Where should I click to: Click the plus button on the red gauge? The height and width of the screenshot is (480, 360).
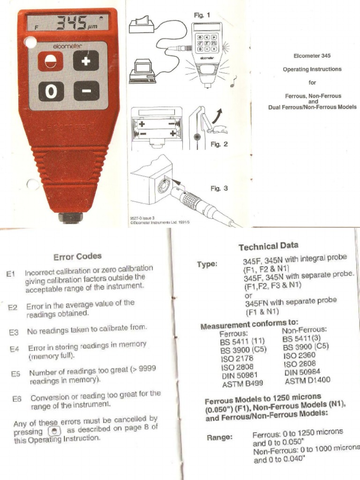pos(86,61)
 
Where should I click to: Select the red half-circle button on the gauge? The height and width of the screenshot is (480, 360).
pos(50,61)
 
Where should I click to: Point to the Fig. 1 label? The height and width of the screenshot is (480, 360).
pos(202,15)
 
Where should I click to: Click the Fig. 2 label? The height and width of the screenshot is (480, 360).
pos(219,144)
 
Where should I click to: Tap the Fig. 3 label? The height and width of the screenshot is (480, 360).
pos(219,188)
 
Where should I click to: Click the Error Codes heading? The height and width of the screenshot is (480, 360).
pos(77,256)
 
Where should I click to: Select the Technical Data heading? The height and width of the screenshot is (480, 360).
pos(268,246)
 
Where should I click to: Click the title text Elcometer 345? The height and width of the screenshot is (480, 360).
pos(312,55)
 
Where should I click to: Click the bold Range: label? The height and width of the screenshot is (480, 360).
pos(220,438)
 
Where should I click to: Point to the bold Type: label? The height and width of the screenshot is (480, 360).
pos(207,264)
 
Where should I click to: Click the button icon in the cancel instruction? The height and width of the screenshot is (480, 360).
pos(54,430)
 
